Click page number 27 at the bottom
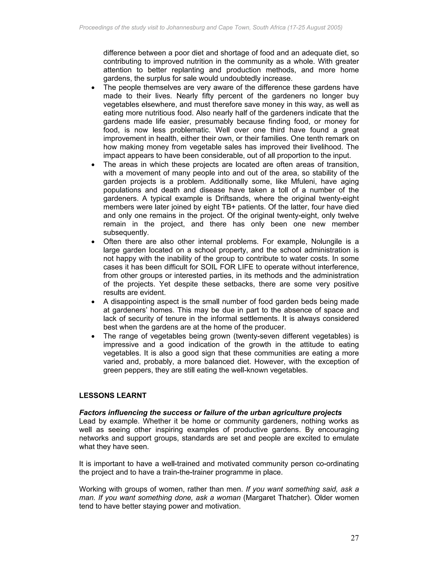pyautogui.click(x=354, y=538)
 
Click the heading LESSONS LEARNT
pyautogui.click(x=113, y=396)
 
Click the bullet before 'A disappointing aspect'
pyautogui.click(x=93, y=302)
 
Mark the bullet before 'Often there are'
pyautogui.click(x=93, y=242)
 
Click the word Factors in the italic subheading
pyautogui.click(x=93, y=413)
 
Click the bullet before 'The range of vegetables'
pyautogui.click(x=93, y=337)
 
